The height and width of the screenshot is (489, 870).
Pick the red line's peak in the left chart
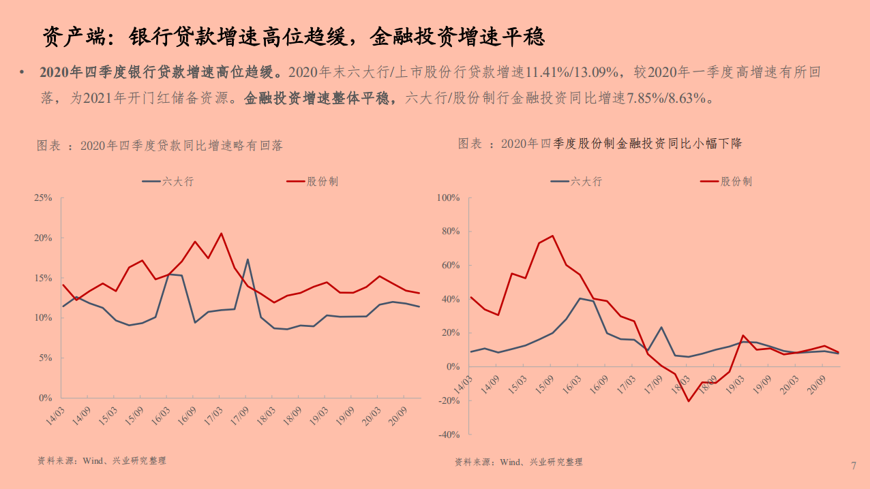[x=221, y=234]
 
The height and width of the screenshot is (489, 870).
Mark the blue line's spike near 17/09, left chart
[x=247, y=259]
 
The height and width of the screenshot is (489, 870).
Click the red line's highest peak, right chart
[x=552, y=236]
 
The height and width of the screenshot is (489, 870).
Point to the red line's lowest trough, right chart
[x=689, y=400]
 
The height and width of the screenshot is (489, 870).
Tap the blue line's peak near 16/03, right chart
[x=580, y=298]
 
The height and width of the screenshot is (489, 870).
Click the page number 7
[x=853, y=466]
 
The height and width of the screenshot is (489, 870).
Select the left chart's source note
[x=102, y=461]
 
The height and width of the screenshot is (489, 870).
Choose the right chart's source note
[x=519, y=462]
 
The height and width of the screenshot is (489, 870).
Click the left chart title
[x=160, y=145]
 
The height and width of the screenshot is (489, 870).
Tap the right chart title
[x=599, y=144]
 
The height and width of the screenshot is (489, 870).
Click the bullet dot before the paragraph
[x=23, y=72]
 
